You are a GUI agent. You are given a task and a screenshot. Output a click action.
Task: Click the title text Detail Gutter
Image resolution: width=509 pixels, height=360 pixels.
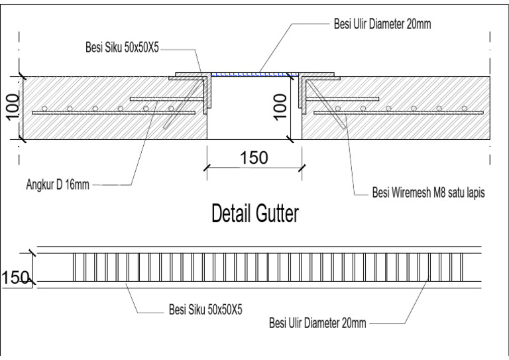[254, 213]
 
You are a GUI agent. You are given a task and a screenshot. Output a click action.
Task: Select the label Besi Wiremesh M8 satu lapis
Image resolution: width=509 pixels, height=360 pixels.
[424, 194]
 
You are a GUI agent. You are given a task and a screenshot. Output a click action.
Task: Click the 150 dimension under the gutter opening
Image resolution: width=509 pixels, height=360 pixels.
[254, 158]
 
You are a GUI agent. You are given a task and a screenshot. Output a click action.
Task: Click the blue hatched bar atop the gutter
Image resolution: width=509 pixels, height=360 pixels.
[251, 73]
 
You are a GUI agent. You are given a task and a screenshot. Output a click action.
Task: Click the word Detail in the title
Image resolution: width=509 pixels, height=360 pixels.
[229, 213]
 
